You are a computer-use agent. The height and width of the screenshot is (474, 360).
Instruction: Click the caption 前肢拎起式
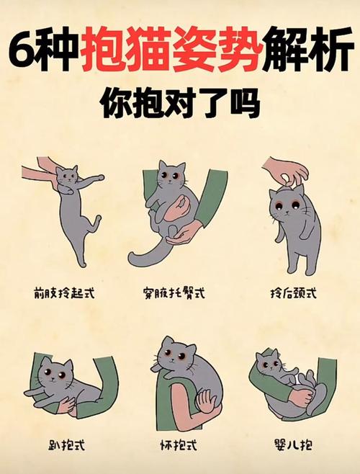click(64, 292)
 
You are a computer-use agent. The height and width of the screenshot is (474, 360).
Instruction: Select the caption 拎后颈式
click(294, 293)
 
